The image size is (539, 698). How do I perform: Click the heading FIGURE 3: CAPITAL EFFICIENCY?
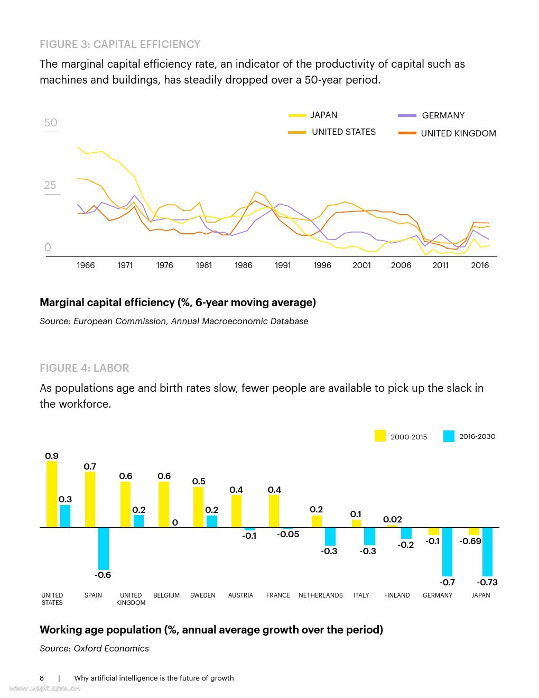click(x=120, y=44)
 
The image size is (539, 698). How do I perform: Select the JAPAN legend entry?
click(x=323, y=115)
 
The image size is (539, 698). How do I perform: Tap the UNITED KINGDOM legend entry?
click(x=458, y=133)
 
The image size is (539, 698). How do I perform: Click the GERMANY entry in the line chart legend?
click(x=443, y=115)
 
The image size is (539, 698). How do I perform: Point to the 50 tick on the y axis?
click(x=51, y=123)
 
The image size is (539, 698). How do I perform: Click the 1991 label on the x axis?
click(x=283, y=265)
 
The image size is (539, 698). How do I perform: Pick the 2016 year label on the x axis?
click(x=480, y=265)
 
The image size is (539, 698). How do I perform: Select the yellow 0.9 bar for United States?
click(x=52, y=494)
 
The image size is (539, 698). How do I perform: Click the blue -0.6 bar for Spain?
click(x=104, y=548)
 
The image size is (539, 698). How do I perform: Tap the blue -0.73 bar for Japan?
click(x=487, y=552)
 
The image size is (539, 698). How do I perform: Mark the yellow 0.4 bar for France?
click(x=274, y=511)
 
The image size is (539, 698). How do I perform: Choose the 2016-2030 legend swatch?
click(x=449, y=436)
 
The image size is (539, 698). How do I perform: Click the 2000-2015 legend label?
click(x=408, y=437)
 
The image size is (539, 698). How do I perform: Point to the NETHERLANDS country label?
click(x=321, y=595)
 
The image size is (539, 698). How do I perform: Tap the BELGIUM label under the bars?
click(x=166, y=595)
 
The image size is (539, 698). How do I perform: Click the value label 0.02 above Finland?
click(x=393, y=519)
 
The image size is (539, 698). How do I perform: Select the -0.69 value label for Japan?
click(x=470, y=541)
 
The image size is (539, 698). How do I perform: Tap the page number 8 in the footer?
click(x=42, y=678)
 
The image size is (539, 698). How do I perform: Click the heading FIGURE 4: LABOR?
click(x=85, y=368)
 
